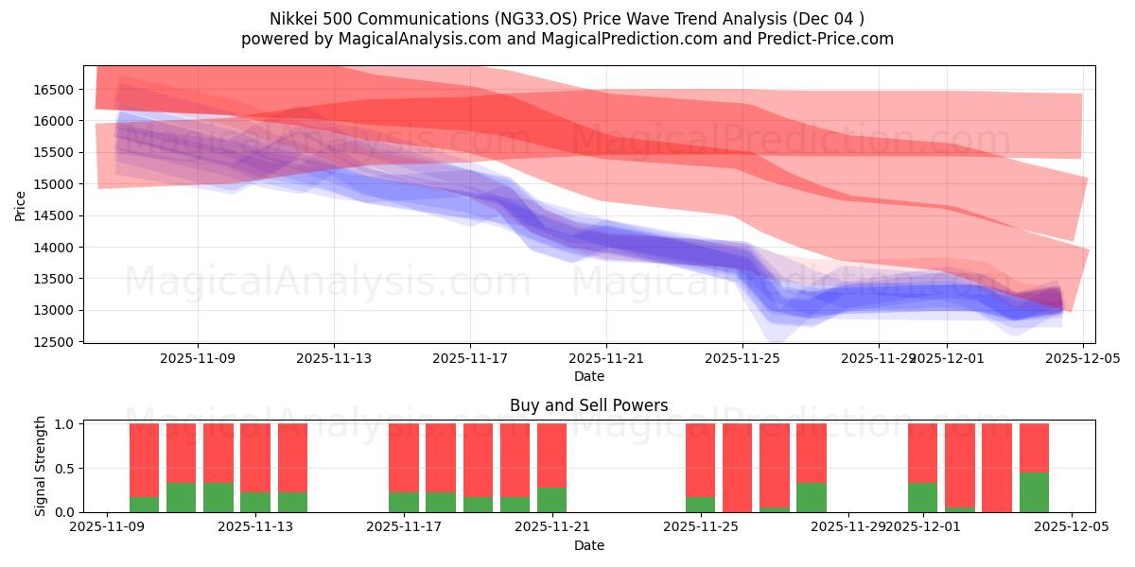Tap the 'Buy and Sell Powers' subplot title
point(588,405)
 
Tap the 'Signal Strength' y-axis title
point(40,466)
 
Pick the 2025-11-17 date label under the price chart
point(470,359)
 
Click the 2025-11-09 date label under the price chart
point(198,359)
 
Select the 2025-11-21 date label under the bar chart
point(552,527)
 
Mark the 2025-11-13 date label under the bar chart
point(255,527)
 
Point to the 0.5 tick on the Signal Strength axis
point(64,469)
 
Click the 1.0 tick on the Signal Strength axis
point(64,424)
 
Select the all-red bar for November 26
point(737,468)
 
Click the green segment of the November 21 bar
point(551,500)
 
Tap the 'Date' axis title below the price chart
point(588,376)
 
